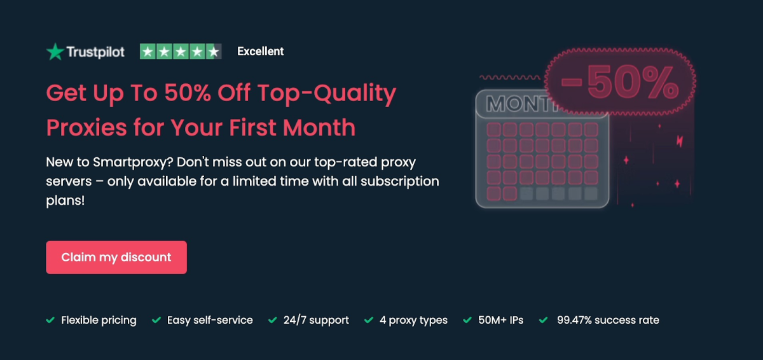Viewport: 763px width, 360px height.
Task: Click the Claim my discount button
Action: [x=116, y=258]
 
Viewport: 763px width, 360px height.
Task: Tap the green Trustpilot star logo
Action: [x=55, y=52]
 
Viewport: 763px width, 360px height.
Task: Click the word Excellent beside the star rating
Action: [x=261, y=52]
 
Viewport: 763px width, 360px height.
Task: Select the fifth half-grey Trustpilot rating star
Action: [x=214, y=52]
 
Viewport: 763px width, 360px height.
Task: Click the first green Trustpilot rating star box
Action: [x=148, y=52]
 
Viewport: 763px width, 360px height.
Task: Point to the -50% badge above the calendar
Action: [x=619, y=83]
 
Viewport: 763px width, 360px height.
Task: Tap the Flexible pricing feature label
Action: [x=99, y=320]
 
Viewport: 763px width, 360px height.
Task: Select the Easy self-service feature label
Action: [x=210, y=320]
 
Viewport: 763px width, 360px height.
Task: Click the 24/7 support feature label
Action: [x=316, y=320]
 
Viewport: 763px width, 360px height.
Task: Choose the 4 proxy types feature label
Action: [x=413, y=320]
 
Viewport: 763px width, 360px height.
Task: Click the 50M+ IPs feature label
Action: [x=501, y=320]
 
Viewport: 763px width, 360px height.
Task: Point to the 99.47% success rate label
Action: [x=608, y=320]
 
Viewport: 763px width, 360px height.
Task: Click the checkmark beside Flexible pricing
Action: [x=50, y=320]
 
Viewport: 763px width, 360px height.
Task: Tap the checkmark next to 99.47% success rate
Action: [x=544, y=320]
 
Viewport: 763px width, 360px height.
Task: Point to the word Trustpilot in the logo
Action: [x=95, y=52]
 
